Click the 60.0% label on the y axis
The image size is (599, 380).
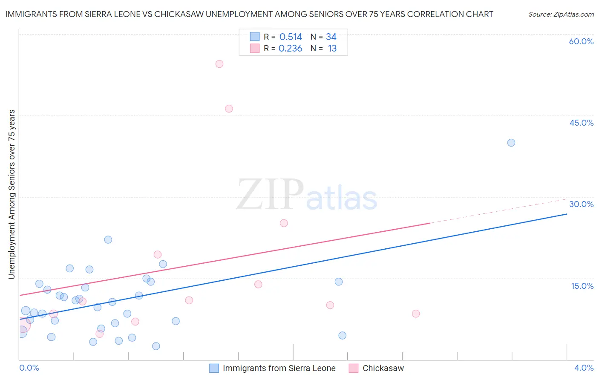(581, 42)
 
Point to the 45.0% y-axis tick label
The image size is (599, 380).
(581, 123)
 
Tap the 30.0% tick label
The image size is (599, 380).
(581, 204)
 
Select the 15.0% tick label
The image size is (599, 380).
(582, 286)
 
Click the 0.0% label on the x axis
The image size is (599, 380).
(29, 368)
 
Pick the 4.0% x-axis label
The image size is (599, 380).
(584, 368)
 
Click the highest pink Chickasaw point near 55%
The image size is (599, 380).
(219, 64)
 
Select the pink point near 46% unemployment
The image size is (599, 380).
(229, 109)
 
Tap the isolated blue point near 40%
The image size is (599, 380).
(511, 143)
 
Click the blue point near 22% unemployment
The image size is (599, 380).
(108, 240)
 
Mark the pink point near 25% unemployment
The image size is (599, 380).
(284, 223)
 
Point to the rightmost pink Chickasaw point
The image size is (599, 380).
(416, 314)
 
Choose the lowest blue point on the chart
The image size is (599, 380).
(156, 346)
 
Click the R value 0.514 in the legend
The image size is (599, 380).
(291, 37)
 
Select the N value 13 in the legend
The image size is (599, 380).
(332, 49)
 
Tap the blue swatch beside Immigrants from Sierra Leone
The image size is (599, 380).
(214, 368)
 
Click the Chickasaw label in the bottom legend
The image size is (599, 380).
(383, 368)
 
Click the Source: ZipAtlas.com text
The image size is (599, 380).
(561, 14)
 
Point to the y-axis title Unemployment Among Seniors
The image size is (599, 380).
(12, 194)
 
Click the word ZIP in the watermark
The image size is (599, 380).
(270, 195)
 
